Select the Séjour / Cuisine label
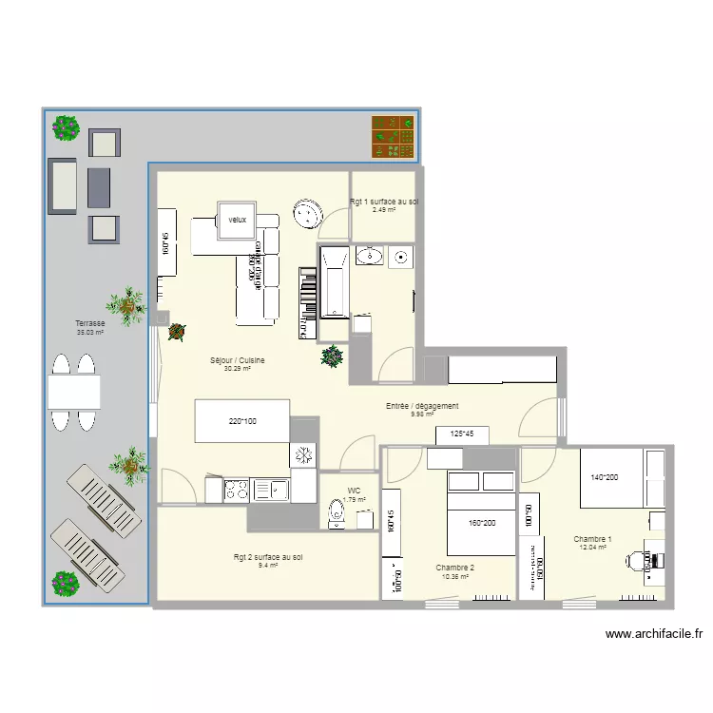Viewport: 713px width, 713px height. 237,360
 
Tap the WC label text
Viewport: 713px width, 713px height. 355,491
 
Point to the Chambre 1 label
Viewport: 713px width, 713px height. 592,539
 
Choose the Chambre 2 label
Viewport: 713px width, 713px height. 454,567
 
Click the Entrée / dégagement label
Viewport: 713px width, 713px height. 422,406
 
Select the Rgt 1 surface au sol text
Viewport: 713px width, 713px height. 384,202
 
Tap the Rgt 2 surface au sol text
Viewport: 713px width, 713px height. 268,557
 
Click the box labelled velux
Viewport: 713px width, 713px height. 237,220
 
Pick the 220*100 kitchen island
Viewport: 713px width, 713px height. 242,421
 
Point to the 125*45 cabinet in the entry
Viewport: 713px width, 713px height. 462,434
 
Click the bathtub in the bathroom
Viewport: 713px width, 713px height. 335,280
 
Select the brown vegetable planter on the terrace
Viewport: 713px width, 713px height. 393,136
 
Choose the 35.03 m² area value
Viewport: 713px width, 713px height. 89,333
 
